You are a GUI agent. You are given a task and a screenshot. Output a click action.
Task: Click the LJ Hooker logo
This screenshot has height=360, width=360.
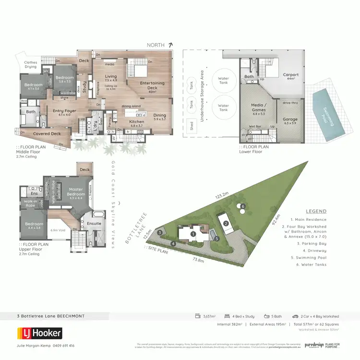point(39,333)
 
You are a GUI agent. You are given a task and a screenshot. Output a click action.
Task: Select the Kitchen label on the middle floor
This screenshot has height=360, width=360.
point(137,122)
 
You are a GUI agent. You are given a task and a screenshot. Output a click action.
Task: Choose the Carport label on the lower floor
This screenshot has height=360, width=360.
point(290,75)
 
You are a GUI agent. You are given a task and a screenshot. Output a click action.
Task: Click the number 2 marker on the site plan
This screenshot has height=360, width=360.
point(225,223)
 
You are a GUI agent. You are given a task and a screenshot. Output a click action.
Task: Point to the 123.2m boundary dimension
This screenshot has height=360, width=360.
point(222,196)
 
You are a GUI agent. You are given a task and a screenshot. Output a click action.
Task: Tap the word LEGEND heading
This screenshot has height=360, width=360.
point(316,211)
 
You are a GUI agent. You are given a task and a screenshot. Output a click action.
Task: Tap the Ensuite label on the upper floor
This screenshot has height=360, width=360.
point(94,223)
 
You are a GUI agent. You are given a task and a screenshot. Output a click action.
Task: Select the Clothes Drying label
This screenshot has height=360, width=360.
point(30,65)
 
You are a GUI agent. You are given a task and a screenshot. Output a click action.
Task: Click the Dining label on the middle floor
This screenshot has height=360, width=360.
point(160,115)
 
